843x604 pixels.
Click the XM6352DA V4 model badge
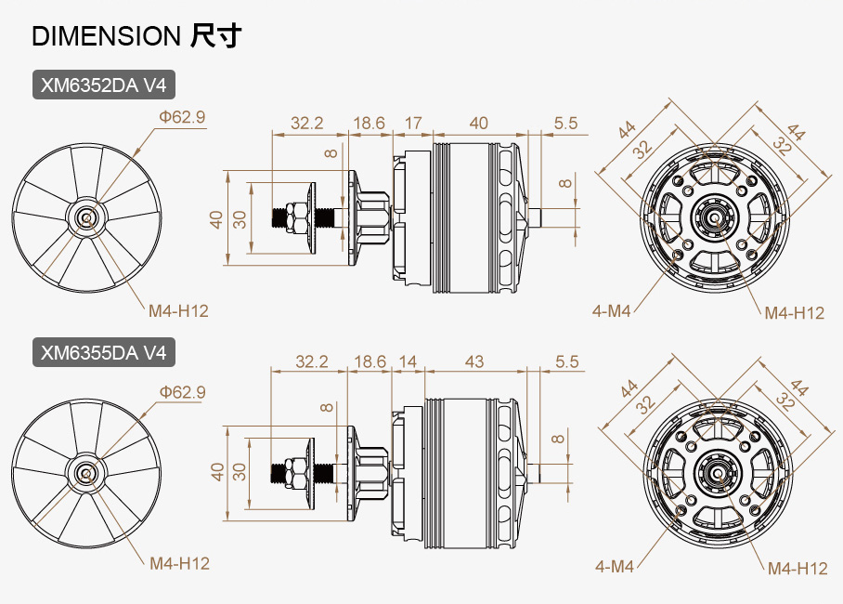point(104,86)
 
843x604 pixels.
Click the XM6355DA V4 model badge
point(104,352)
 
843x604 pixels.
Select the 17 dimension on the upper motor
point(413,123)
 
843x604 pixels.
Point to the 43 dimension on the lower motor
point(473,361)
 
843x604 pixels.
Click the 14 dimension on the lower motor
point(408,361)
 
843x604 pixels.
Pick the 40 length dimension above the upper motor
point(478,123)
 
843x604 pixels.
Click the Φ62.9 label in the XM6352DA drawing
point(181,117)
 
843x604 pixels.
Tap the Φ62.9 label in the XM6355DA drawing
point(182,392)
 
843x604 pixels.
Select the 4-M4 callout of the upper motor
point(612,310)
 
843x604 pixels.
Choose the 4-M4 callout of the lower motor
point(614,566)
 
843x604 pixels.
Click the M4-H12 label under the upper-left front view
point(178,310)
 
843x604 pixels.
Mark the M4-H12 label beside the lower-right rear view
point(797,569)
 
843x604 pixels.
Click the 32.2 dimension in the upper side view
point(307,123)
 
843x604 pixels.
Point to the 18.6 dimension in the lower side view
point(368,361)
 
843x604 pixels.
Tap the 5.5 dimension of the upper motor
point(565,123)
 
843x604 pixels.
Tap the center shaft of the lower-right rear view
point(716,470)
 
